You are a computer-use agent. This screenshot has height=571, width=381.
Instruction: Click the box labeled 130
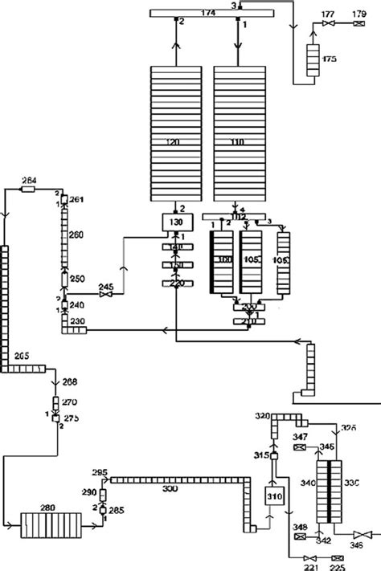click(x=174, y=222)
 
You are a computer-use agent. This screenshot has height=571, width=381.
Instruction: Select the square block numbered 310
click(x=272, y=497)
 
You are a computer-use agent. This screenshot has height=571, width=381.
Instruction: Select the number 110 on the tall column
click(x=236, y=141)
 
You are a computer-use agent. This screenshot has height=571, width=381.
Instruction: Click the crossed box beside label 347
click(x=298, y=447)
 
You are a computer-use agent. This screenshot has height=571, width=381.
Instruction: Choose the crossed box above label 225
click(x=337, y=557)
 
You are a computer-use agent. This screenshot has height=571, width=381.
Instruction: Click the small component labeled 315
click(x=273, y=456)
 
